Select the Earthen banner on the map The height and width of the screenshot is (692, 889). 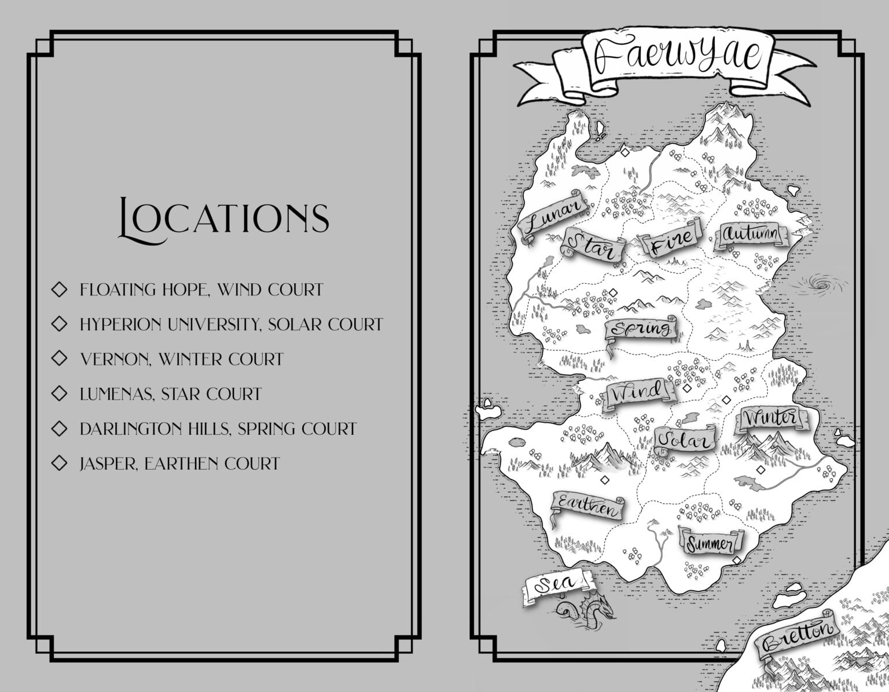pyautogui.click(x=587, y=506)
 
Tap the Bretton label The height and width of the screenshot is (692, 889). pyautogui.click(x=799, y=638)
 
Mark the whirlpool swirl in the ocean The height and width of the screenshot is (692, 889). pyautogui.click(x=822, y=284)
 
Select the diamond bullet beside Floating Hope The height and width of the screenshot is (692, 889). pyautogui.click(x=59, y=290)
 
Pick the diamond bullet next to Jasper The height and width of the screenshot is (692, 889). pyautogui.click(x=59, y=463)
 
